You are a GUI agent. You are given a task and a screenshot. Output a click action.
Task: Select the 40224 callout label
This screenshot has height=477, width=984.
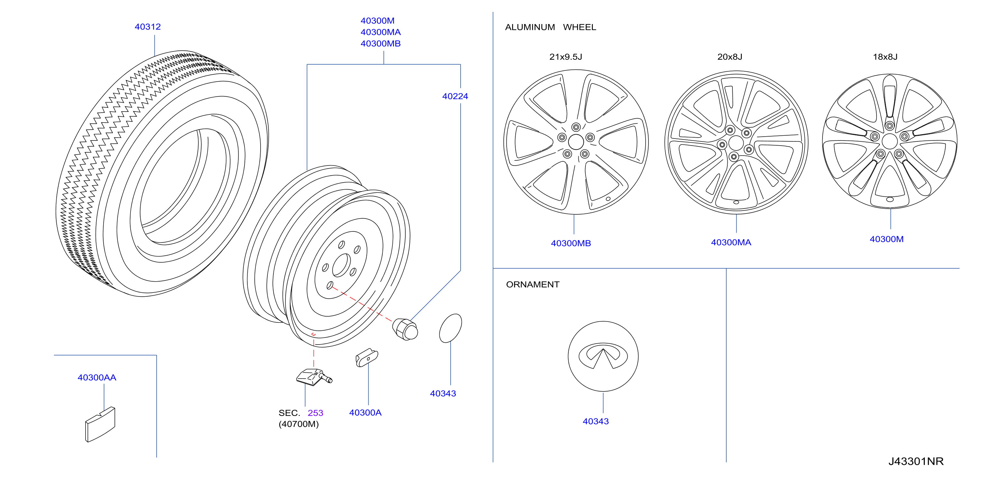pos(455,96)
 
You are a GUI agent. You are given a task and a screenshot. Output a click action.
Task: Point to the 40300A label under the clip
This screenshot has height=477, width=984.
pos(365,412)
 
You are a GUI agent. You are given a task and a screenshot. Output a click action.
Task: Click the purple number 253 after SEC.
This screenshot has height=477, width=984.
pos(316,413)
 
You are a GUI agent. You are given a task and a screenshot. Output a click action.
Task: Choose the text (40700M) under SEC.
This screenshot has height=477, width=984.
pos(299,424)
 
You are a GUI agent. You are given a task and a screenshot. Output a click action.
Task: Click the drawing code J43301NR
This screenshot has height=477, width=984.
pos(916,461)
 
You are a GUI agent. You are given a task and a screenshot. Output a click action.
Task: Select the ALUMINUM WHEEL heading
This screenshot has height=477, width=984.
pos(550,27)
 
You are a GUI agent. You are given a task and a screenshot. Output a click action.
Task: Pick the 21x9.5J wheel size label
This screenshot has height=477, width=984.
pos(566,57)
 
